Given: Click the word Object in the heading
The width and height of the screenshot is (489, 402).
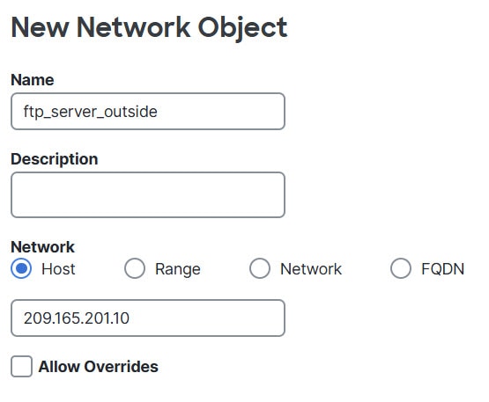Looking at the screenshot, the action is (242, 28).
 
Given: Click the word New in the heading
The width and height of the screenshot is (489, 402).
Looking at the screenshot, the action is (40, 27).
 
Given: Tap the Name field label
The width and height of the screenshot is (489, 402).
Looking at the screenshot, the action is (33, 80).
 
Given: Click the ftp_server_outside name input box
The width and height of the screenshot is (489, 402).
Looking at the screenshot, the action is (148, 111).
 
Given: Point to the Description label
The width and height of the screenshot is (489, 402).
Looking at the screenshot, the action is (55, 159).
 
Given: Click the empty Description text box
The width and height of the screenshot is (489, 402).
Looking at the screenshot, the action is (148, 194).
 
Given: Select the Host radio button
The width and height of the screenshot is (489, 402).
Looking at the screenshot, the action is (21, 268).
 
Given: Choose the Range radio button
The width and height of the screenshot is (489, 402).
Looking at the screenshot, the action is (135, 268).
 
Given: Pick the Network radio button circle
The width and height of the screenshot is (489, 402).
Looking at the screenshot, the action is (260, 268).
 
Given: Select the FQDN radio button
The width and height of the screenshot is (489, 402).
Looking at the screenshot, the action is (401, 268).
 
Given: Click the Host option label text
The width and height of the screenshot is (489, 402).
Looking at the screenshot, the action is (58, 268).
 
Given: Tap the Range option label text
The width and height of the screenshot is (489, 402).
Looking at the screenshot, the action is (178, 270).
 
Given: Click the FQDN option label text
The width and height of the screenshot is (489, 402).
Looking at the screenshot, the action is (443, 269).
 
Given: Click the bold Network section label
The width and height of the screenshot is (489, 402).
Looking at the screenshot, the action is (42, 247).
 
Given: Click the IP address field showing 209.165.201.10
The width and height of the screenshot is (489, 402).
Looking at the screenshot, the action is (148, 318).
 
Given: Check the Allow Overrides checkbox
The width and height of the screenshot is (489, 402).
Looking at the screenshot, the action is (21, 366).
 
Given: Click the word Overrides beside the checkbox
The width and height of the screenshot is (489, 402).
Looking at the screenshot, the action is (121, 367).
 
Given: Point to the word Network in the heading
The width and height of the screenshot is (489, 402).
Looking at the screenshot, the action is (133, 27).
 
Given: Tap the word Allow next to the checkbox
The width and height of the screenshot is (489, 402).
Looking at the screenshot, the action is (59, 367).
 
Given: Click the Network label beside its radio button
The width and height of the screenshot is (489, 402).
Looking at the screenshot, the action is (311, 269).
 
